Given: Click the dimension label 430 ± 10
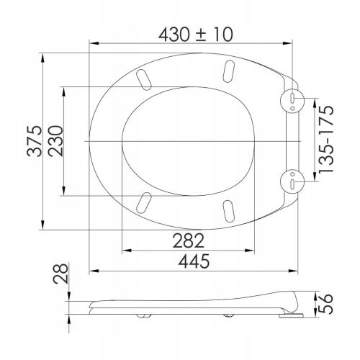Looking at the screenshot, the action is tap(196, 35).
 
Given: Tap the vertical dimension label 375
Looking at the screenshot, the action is tap(35, 141).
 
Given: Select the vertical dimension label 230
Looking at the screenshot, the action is tap(55, 141).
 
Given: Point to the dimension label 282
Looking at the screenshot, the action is tap(189, 240).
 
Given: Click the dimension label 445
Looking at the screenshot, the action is tap(194, 261).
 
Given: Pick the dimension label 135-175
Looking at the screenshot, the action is tap(326, 139).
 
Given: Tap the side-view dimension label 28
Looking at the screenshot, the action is tap(60, 274).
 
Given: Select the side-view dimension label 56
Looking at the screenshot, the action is tap(326, 303).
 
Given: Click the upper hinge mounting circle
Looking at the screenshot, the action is tap(292, 99).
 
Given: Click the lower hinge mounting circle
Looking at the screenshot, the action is tap(292, 181).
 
